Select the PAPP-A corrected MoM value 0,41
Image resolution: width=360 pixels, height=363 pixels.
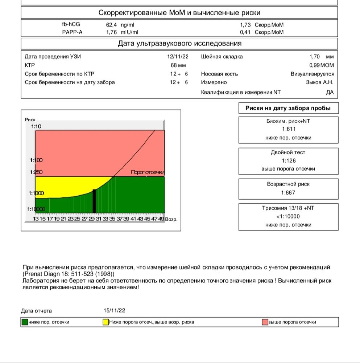(x=246, y=32)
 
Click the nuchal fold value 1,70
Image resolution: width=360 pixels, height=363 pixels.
(x=314, y=57)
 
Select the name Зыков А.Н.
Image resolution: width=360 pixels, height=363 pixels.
(x=320, y=82)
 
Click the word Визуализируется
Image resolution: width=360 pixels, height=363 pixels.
(x=312, y=74)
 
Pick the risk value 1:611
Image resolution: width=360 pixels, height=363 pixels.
(x=288, y=130)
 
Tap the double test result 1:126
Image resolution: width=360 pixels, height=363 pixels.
(x=288, y=161)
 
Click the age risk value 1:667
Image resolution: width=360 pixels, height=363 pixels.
(x=288, y=192)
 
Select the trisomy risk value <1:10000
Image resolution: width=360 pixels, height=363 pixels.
(x=288, y=217)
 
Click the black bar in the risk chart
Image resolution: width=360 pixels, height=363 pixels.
(x=95, y=201)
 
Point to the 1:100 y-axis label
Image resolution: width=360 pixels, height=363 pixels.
(x=36, y=160)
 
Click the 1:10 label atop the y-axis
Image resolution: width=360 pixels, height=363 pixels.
(x=36, y=126)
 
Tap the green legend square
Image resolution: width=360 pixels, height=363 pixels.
(x=25, y=322)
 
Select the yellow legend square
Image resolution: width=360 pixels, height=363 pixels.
(x=106, y=322)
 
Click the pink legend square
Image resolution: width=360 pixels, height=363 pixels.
(x=265, y=322)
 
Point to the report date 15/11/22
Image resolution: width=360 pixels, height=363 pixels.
(x=115, y=311)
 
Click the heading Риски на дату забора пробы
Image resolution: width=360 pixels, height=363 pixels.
(x=288, y=108)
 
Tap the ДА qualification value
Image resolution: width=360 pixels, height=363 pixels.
(x=330, y=93)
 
